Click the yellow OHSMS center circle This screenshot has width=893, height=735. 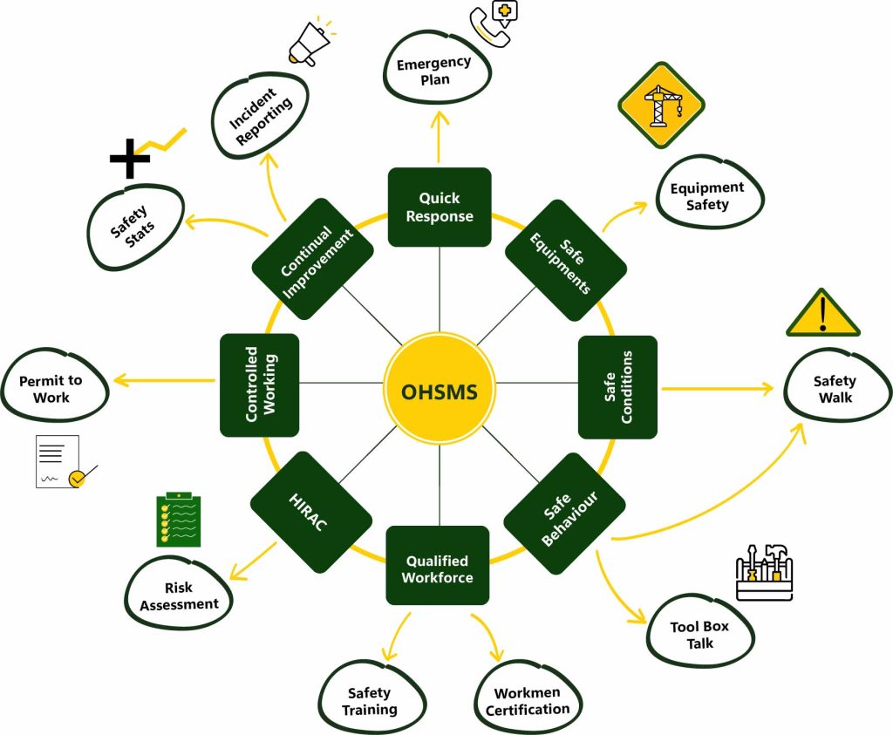click(x=440, y=391)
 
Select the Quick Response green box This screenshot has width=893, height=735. click(x=440, y=208)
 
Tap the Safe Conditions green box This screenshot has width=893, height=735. click(x=617, y=387)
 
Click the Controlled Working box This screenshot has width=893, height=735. click(x=260, y=385)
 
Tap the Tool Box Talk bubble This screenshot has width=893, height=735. click(x=699, y=634)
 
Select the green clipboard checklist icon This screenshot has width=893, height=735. click(x=178, y=521)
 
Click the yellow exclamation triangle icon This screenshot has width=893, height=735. click(x=822, y=315)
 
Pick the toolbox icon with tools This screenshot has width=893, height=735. click(x=764, y=573)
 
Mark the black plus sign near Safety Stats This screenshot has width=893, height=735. click(x=130, y=159)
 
